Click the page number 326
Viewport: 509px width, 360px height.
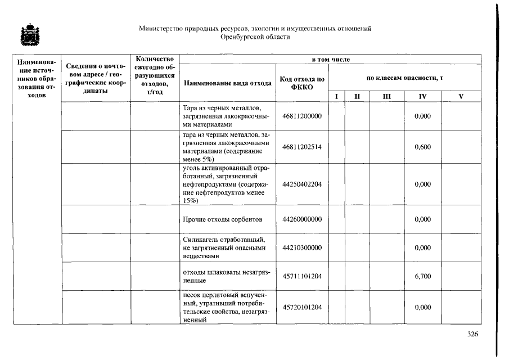pyautogui.click(x=472, y=334)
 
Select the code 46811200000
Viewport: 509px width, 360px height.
pyautogui.click(x=302, y=115)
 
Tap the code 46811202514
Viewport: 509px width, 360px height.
pyautogui.click(x=302, y=147)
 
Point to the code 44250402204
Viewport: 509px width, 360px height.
pyautogui.click(x=302, y=184)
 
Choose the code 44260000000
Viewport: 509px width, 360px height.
pyautogui.click(x=302, y=219)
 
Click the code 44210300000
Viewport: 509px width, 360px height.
pyautogui.click(x=302, y=247)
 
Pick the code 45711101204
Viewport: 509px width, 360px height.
pyautogui.click(x=302, y=276)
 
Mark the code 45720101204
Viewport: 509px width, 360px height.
pyautogui.click(x=302, y=307)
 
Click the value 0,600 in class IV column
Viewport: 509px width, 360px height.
pyautogui.click(x=422, y=147)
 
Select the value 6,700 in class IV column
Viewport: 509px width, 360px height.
pyautogui.click(x=422, y=276)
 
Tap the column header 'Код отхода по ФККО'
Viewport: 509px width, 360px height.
pyautogui.click(x=302, y=83)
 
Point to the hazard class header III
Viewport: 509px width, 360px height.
pyautogui.click(x=386, y=96)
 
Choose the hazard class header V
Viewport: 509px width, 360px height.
pyautogui.click(x=461, y=96)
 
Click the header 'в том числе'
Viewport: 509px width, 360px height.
pyautogui.click(x=331, y=59)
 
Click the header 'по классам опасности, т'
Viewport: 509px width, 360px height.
pyautogui.click(x=405, y=77)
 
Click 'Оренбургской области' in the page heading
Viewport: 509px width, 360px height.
pyautogui.click(x=255, y=37)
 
